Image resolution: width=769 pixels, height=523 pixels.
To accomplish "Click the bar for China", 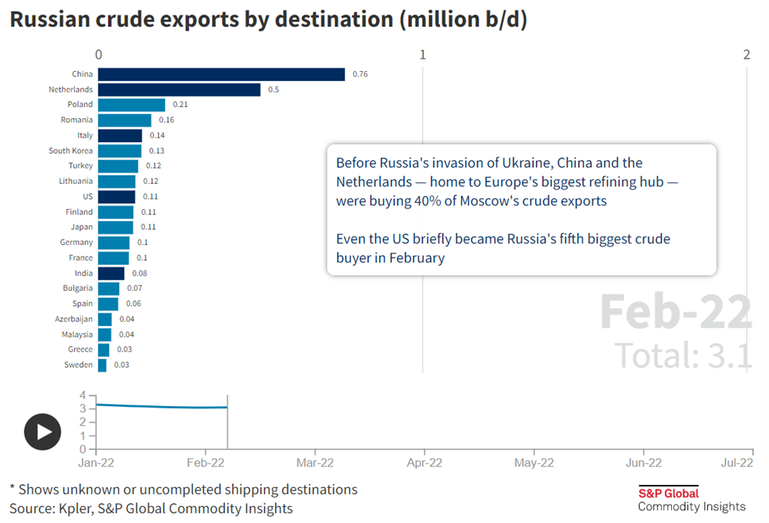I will point(222,74).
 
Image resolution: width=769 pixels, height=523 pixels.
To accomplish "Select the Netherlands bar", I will point(179,89).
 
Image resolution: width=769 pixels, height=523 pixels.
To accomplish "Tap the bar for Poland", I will point(131,105).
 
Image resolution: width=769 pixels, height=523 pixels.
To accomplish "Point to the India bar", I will point(111,273).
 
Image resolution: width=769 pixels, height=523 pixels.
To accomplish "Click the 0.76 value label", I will point(360,74).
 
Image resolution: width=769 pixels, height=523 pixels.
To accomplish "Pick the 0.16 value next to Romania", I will point(167,120).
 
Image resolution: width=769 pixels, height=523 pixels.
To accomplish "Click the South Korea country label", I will point(70,150).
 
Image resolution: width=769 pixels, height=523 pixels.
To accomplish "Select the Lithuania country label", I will point(76,181).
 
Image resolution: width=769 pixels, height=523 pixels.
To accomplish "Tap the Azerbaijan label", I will point(73,319).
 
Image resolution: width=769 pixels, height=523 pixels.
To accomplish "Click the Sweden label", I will point(79,365).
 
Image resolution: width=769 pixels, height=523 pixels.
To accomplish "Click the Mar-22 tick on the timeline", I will point(315,462).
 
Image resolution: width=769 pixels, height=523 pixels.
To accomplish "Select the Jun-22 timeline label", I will point(644,462).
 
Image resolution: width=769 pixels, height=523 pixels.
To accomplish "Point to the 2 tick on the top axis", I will point(746,54).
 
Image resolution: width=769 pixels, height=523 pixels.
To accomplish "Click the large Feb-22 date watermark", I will point(676,312).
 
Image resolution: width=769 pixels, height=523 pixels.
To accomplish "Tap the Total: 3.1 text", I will point(683,355).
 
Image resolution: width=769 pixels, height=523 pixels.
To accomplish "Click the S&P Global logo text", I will point(668,493).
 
